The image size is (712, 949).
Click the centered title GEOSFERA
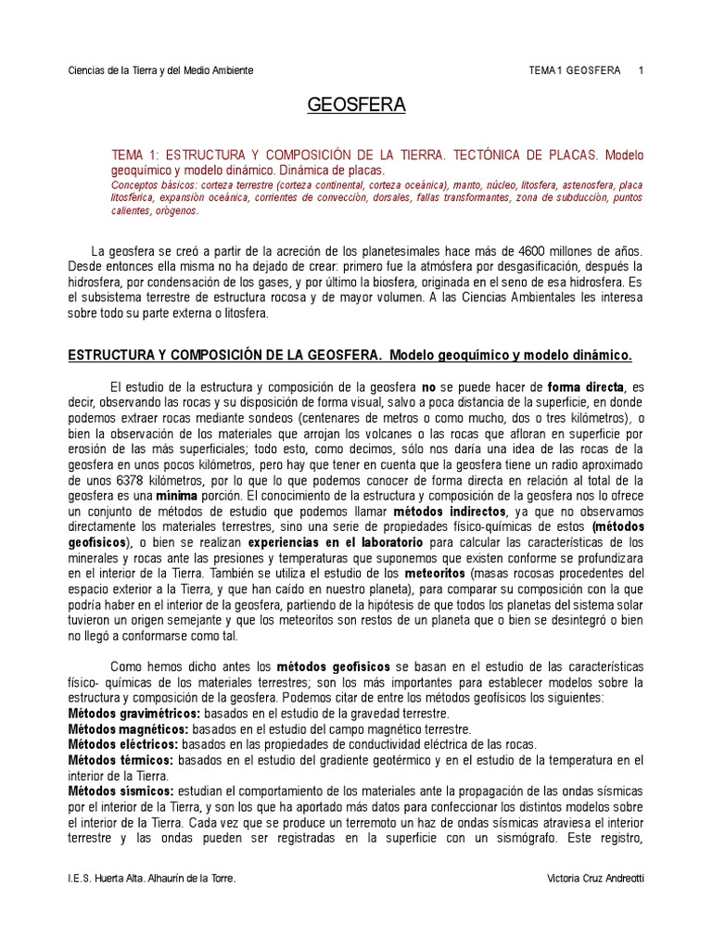click(357, 106)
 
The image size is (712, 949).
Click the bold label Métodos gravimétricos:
click(134, 714)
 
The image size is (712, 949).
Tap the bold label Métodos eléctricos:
click(124, 744)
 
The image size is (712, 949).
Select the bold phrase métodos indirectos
click(450, 511)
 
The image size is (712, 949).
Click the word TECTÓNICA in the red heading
click(457, 155)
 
